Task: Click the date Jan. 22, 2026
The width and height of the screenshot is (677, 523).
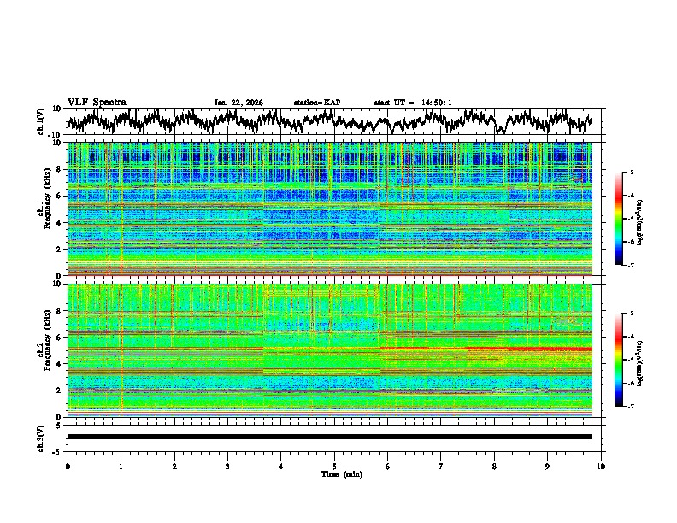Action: pyautogui.click(x=238, y=103)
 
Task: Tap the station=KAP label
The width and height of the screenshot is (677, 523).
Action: pyautogui.click(x=316, y=103)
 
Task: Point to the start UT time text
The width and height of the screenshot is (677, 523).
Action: pyautogui.click(x=413, y=103)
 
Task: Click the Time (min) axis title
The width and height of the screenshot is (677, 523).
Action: pyautogui.click(x=341, y=473)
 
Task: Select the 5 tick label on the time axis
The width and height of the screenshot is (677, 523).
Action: pyautogui.click(x=334, y=466)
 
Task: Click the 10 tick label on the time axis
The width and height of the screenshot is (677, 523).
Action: pyautogui.click(x=602, y=466)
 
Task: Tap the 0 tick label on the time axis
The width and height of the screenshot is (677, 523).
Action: pyautogui.click(x=68, y=466)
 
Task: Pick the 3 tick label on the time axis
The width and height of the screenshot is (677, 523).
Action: pyautogui.click(x=227, y=466)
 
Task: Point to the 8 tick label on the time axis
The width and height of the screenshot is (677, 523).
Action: pyautogui.click(x=494, y=466)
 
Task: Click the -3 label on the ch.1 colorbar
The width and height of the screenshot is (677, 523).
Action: pyautogui.click(x=629, y=173)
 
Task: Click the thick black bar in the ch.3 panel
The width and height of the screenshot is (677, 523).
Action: pyautogui.click(x=329, y=437)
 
